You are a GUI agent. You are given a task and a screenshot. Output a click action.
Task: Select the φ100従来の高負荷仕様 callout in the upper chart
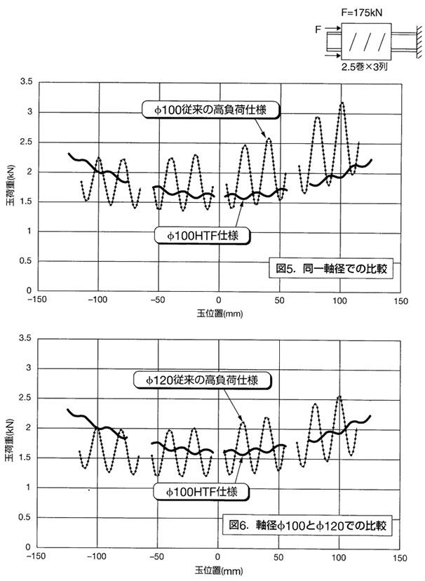pyautogui.click(x=210, y=109)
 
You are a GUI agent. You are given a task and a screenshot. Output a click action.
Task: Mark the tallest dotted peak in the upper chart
pyautogui.click(x=342, y=103)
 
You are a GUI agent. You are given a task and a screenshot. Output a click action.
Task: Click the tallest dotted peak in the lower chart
pyautogui.click(x=340, y=396)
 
